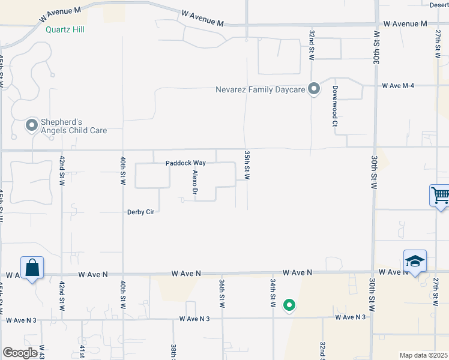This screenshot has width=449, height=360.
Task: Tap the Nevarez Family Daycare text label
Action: (x=261, y=90)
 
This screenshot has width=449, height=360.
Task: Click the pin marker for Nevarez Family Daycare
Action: (x=313, y=89)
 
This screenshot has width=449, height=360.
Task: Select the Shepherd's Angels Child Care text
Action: (x=74, y=125)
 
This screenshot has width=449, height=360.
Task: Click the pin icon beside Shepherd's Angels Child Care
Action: (x=32, y=125)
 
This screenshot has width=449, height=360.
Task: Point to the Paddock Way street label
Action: (x=186, y=163)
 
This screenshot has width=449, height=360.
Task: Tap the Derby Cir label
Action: (x=141, y=212)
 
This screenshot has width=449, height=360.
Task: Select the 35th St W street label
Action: (x=247, y=165)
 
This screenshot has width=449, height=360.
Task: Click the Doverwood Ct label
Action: (x=334, y=106)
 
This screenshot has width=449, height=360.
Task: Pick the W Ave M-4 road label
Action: (x=399, y=86)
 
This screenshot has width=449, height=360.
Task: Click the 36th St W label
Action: (x=221, y=293)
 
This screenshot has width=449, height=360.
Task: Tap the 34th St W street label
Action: (x=273, y=293)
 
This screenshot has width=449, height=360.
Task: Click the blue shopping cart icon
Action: (x=440, y=195)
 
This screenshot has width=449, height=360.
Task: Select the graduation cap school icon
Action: (x=415, y=261)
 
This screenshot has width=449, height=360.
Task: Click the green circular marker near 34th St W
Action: (x=289, y=305)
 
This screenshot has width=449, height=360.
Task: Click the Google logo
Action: (x=20, y=353)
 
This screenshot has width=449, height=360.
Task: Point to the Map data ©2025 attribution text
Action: (x=423, y=355)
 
